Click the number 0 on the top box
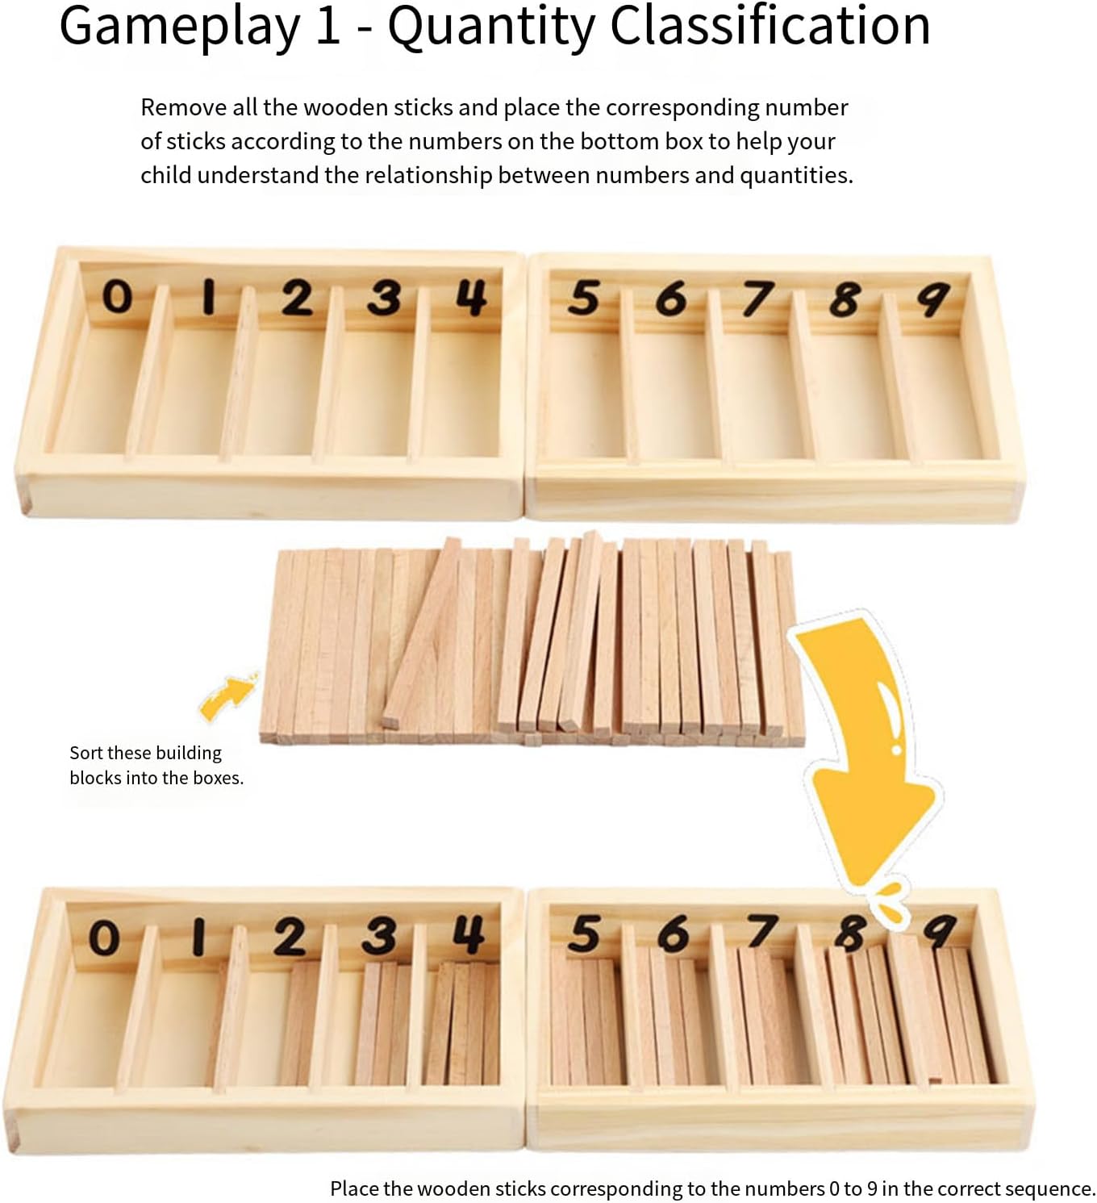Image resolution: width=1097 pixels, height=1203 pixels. coord(116,297)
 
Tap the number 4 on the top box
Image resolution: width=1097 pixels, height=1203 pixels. coord(471,298)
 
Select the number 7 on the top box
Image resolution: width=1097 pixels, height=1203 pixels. coord(757,299)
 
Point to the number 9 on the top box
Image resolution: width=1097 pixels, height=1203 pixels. coord(932,299)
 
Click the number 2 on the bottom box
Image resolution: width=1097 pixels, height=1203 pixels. coord(290,938)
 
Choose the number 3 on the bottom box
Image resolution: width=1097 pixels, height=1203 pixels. coord(379,937)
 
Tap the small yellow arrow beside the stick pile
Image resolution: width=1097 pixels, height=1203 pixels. coord(228,697)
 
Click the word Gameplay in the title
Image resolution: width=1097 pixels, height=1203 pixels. coord(179,27)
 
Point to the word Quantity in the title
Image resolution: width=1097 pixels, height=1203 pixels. coord(491,27)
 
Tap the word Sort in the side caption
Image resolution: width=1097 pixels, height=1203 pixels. coord(86,753)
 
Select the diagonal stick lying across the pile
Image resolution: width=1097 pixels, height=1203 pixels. coord(422,633)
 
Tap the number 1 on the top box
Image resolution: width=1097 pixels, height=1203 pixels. coord(208,297)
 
